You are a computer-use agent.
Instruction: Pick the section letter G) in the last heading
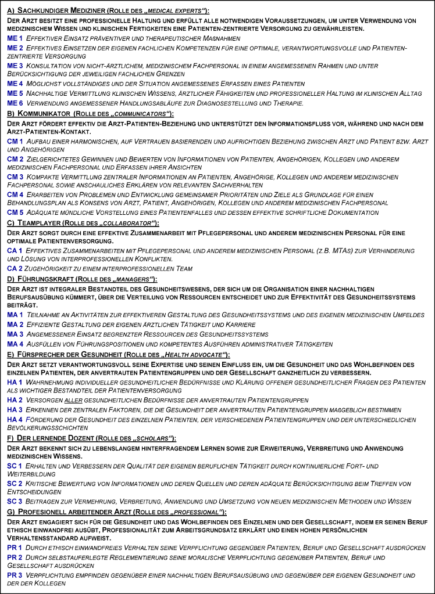tap(11, 511)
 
